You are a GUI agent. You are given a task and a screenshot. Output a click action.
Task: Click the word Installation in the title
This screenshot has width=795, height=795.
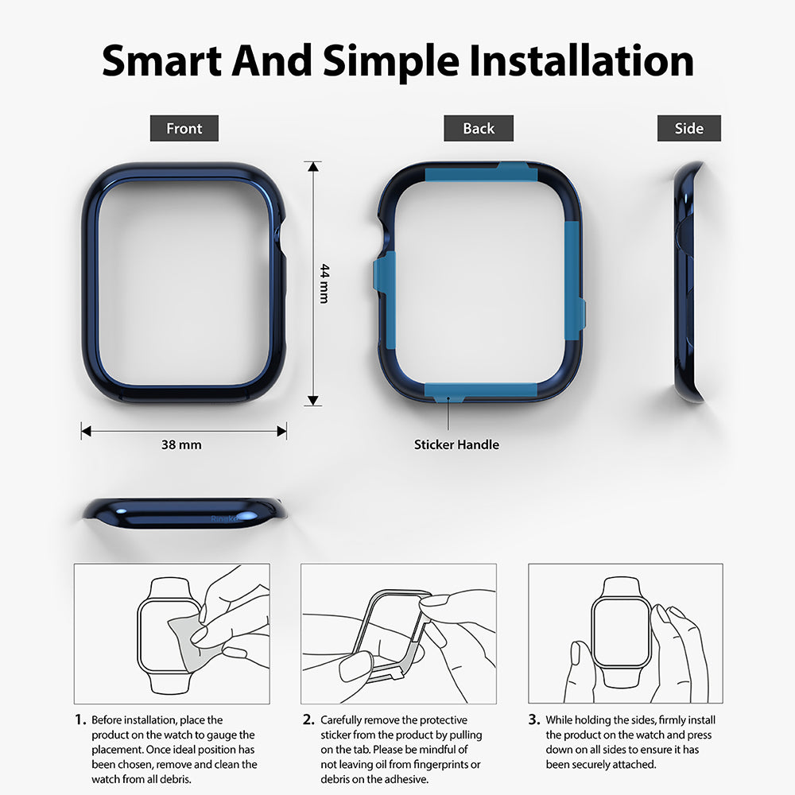coord(581,61)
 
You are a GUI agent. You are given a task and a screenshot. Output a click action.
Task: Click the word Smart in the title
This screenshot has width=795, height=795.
coord(161,61)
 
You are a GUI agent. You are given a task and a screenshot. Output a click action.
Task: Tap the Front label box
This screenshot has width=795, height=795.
coord(184,128)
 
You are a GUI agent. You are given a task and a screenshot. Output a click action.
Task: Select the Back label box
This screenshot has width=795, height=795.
coord(478,128)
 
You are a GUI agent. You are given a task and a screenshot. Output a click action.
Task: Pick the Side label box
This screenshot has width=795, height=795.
coord(689,128)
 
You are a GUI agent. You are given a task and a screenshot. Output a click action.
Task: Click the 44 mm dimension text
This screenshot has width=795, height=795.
coord(324,284)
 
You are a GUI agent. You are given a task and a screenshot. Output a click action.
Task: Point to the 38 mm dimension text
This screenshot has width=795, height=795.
coord(181,444)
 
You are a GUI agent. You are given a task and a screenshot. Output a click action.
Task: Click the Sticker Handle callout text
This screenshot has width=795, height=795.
coord(456,444)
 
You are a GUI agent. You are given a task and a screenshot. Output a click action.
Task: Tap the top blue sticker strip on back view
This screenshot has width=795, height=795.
coord(481,173)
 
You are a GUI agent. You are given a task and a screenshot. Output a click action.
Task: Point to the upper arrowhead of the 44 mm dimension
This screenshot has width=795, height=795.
coord(313,167)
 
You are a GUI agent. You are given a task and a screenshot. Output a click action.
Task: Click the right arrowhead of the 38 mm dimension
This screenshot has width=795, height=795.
coord(281,432)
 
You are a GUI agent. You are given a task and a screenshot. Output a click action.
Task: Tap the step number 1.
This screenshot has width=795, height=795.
coord(80,719)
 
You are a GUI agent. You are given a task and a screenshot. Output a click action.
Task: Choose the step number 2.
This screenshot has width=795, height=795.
coord(308,719)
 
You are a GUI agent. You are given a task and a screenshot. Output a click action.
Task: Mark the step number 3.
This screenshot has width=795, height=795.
coord(534,719)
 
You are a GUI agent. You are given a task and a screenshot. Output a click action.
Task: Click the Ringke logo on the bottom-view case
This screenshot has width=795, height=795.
coord(223,518)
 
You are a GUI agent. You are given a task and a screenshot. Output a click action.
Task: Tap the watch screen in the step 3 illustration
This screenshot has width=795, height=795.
coord(622,631)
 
